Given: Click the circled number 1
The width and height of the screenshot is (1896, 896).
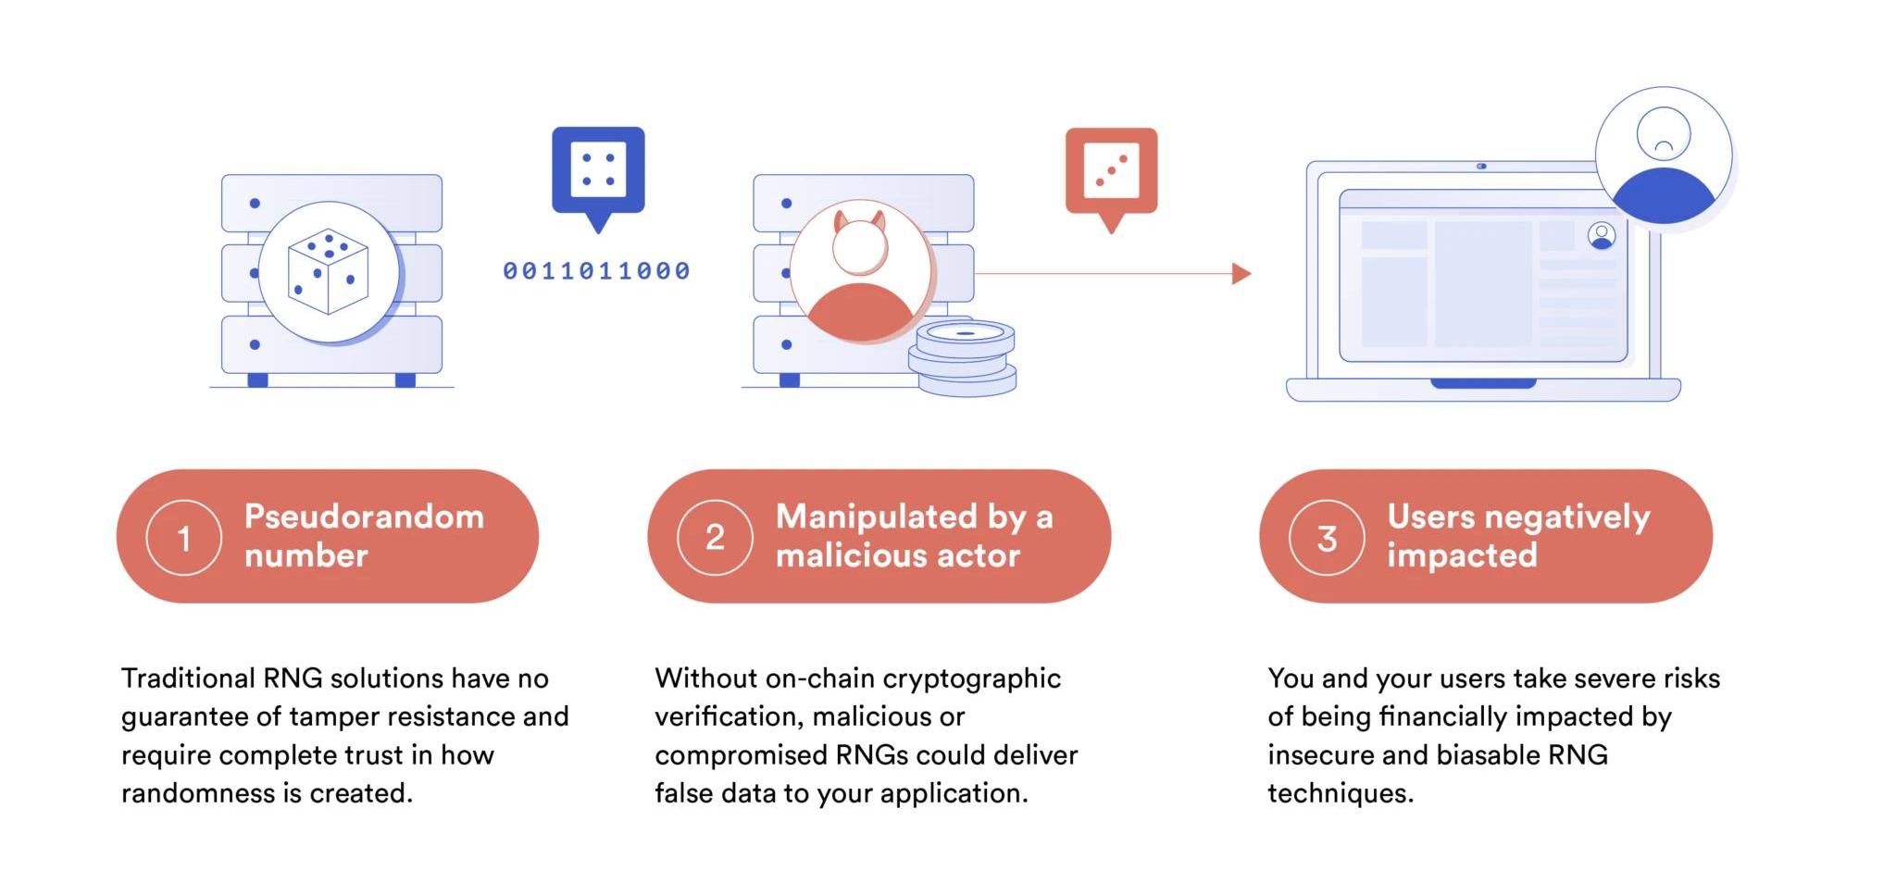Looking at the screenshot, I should click(x=183, y=538).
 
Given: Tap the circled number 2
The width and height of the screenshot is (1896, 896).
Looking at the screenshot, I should click(x=715, y=538).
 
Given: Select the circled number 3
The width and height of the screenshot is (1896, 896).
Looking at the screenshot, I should click(x=1327, y=538).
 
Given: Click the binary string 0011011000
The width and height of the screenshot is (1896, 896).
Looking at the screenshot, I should click(x=597, y=271).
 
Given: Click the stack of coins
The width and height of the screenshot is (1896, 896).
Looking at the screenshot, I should click(x=963, y=358).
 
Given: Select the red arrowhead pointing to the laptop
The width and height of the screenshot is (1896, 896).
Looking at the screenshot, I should click(x=1241, y=274).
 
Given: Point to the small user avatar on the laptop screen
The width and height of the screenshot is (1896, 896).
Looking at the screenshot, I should click(x=1601, y=236).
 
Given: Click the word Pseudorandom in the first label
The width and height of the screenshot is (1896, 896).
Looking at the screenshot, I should click(x=364, y=516).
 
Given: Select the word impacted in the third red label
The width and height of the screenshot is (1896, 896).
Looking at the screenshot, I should click(x=1461, y=555).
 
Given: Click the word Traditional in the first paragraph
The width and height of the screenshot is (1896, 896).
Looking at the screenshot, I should click(x=188, y=678).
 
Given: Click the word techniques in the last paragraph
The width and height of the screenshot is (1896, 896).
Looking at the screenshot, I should click(x=1339, y=793).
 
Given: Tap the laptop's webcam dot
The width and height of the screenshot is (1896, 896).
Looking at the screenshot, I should click(x=1481, y=167).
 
